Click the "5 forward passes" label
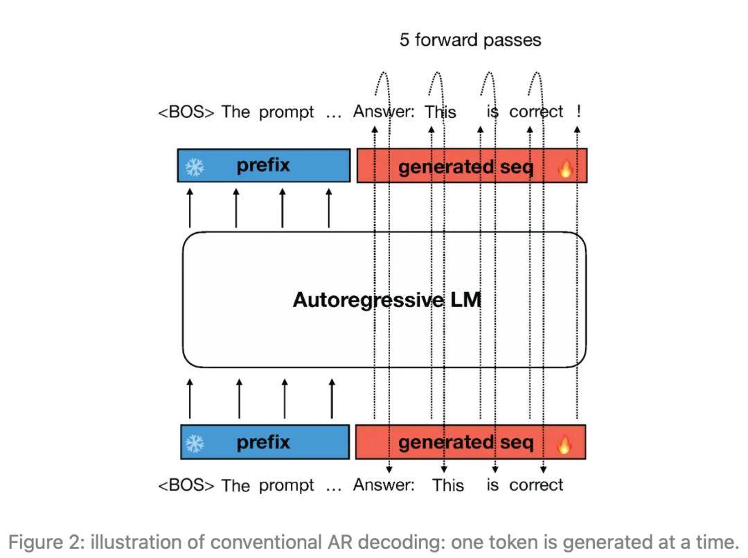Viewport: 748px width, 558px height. (470, 40)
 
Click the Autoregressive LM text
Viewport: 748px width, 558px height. (387, 300)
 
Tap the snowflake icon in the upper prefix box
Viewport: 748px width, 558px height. (195, 166)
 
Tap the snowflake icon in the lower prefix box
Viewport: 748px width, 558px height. (195, 444)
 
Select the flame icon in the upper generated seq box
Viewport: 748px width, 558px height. (565, 168)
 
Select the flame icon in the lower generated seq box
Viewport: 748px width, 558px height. (564, 444)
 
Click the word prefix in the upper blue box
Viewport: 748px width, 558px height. (263, 166)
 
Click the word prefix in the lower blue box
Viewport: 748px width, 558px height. (263, 442)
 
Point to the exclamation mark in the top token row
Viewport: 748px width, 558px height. (578, 111)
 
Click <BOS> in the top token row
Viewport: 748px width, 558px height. (186, 112)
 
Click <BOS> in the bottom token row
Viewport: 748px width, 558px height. (186, 485)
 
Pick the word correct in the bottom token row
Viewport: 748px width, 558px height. (536, 485)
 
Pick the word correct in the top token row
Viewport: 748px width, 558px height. (536, 112)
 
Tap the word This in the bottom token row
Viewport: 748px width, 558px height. (448, 485)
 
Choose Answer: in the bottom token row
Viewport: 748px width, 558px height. (384, 485)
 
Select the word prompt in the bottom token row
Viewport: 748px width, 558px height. (286, 486)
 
